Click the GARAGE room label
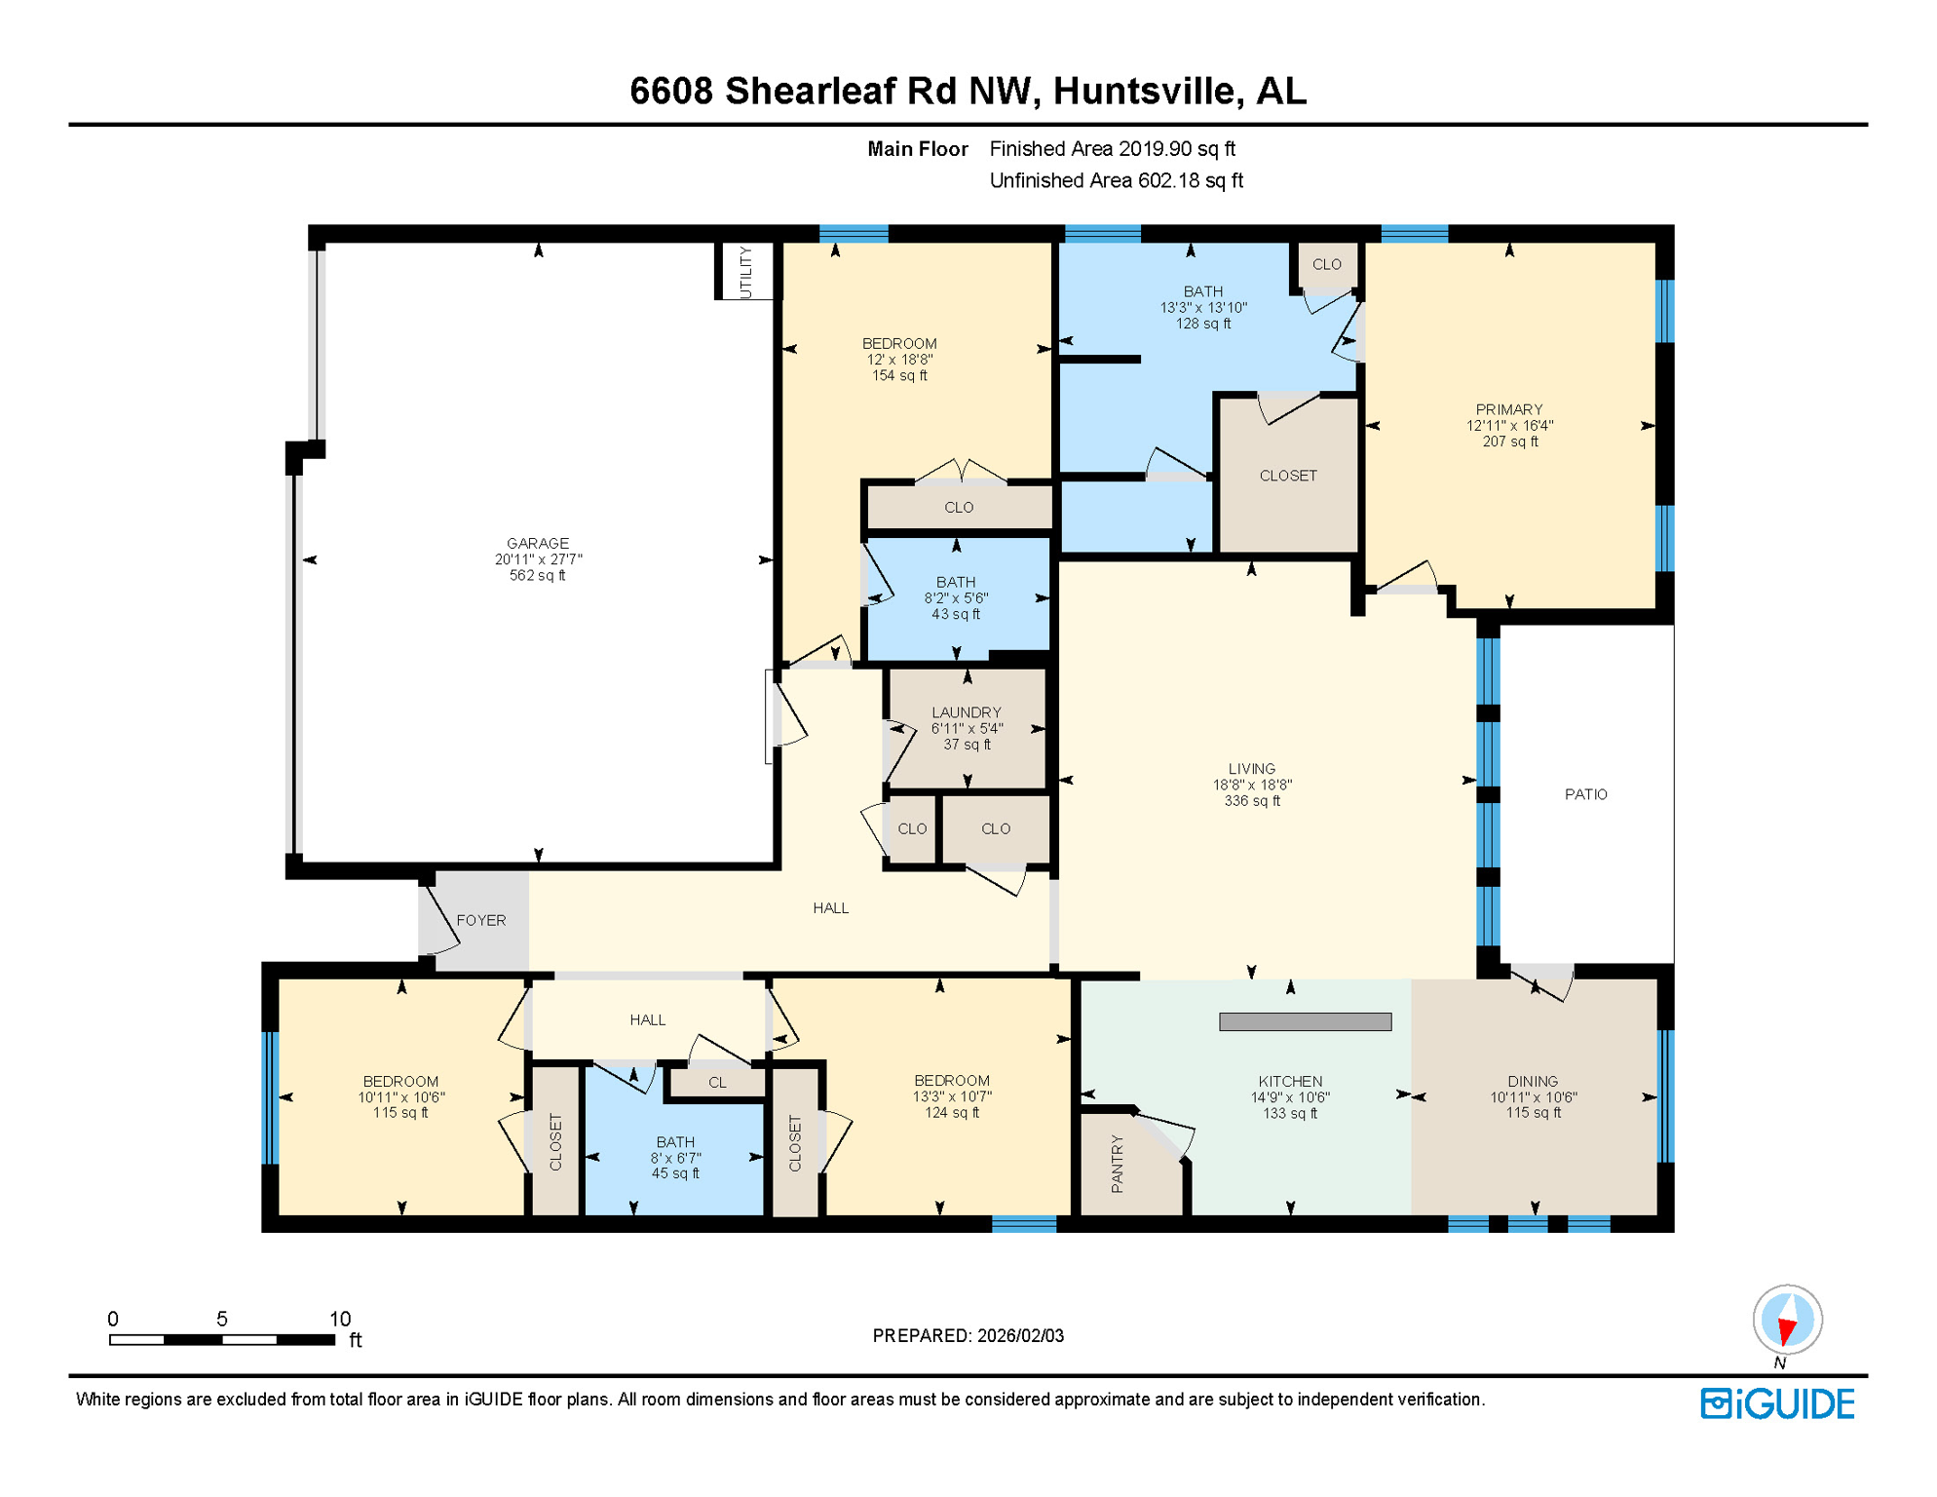click(x=537, y=543)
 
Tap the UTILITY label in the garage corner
click(x=745, y=272)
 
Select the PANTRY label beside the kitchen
click(x=1117, y=1164)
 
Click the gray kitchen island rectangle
click(x=1305, y=1021)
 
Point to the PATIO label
click(x=1585, y=794)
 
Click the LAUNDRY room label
click(x=966, y=712)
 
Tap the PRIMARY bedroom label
click(x=1508, y=409)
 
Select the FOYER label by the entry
click(x=480, y=920)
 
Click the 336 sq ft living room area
click(x=1251, y=801)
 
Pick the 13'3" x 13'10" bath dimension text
click(x=1202, y=307)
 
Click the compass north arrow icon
click(x=1787, y=1321)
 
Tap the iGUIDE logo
click(x=1777, y=1403)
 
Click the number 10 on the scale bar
click(x=339, y=1319)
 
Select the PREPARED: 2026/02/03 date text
click(x=968, y=1335)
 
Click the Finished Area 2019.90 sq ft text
click(x=1112, y=149)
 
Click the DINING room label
click(x=1532, y=1081)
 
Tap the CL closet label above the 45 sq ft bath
click(x=717, y=1083)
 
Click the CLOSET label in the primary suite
click(x=1287, y=476)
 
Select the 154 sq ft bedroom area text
click(x=898, y=375)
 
